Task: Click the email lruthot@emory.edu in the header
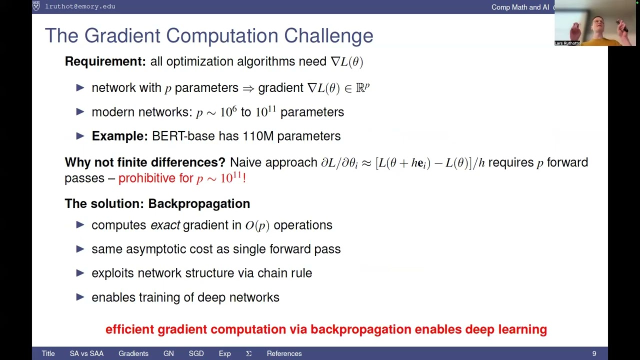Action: click(80, 6)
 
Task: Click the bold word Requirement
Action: click(105, 61)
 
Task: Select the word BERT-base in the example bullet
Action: click(176, 136)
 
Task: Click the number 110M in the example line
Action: click(258, 136)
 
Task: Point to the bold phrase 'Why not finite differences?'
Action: click(145, 162)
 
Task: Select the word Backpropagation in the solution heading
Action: click(199, 203)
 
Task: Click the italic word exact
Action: click(165, 225)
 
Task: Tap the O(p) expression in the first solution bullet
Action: click(257, 225)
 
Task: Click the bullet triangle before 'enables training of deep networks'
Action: click(80, 297)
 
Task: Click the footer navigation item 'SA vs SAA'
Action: click(86, 353)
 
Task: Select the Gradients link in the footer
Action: click(133, 353)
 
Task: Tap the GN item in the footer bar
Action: click(168, 353)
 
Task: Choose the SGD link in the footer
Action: click(196, 353)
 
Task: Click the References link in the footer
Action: click(284, 353)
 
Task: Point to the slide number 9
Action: click(594, 353)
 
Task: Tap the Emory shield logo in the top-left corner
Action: click(36, 6)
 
